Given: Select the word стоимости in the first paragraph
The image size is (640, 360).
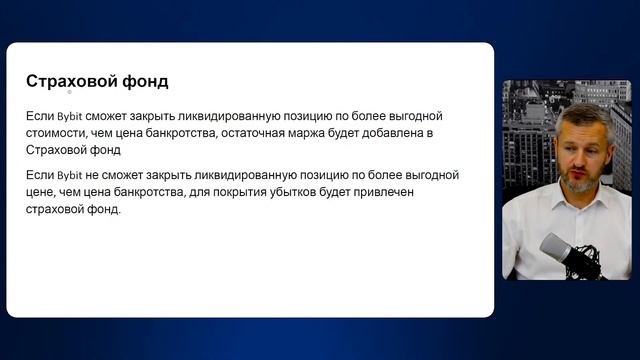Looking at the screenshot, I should pos(59,133).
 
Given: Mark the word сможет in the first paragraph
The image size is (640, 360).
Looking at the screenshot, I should pos(106,117).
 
